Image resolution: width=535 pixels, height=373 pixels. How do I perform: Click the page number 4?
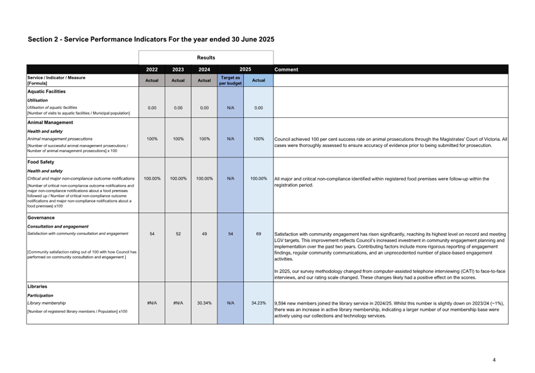click(494, 359)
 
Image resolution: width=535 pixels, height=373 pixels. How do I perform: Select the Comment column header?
click(287, 70)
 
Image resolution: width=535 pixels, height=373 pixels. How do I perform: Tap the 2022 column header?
click(152, 70)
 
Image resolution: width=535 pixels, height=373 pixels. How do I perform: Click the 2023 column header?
click(178, 70)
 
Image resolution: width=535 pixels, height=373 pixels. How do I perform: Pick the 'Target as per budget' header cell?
click(230, 80)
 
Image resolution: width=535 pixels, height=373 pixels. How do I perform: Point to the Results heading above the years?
click(206, 58)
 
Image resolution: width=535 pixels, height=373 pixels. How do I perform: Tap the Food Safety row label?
click(41, 162)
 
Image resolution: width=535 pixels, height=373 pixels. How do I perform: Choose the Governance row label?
click(41, 218)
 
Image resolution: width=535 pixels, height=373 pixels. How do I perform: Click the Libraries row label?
click(38, 287)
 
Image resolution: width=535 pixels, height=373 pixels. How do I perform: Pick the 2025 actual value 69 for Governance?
click(259, 234)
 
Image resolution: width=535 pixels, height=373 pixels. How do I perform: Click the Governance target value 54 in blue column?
click(230, 234)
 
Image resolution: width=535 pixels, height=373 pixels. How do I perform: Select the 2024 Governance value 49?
click(204, 234)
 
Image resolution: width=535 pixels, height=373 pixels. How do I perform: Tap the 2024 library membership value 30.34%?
click(204, 303)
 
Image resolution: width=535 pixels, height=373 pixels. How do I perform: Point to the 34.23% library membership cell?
click(259, 303)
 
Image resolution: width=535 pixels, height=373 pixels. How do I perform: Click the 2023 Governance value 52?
click(178, 234)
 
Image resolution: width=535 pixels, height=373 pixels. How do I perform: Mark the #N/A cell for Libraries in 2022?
click(152, 303)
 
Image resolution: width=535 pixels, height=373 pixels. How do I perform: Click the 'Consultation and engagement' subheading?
click(58, 227)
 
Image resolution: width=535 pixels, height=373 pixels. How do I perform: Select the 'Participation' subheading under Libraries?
click(41, 296)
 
